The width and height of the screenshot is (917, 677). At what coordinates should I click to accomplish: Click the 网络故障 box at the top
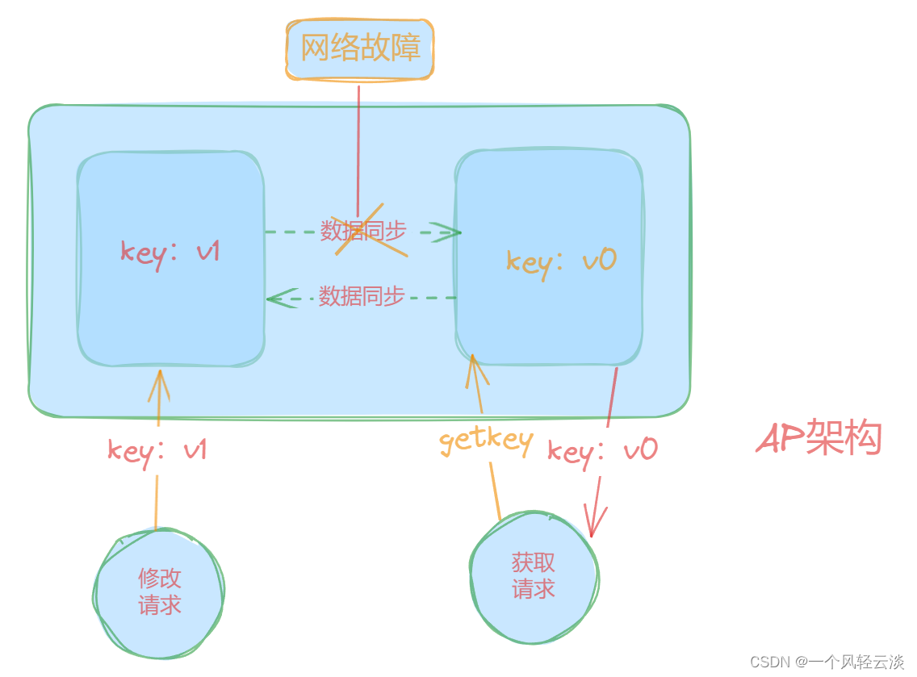(360, 48)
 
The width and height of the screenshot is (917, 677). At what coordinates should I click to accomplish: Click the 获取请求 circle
(534, 575)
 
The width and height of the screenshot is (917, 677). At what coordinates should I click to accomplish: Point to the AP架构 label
(819, 439)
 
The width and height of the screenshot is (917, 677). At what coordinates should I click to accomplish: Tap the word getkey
(486, 441)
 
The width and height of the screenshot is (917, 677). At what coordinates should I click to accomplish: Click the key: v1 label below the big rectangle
(157, 449)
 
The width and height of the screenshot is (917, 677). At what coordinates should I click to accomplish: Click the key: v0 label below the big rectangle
(602, 449)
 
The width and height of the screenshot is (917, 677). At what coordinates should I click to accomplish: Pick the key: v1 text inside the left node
(170, 251)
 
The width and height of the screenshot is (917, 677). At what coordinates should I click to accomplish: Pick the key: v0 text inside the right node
(561, 260)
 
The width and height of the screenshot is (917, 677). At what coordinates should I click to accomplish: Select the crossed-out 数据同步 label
(362, 231)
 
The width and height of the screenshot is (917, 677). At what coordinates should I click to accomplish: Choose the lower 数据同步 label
(361, 296)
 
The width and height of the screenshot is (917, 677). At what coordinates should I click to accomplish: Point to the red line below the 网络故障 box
(358, 137)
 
